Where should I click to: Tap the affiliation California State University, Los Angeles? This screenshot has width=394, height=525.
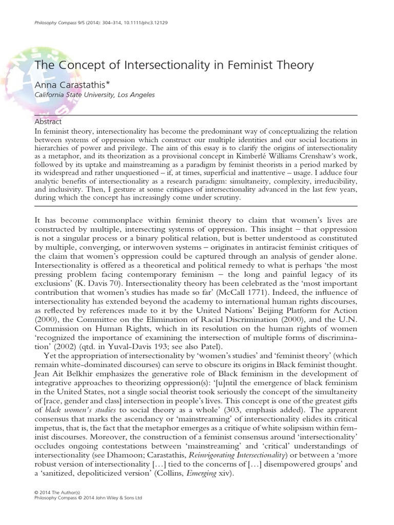tap(94, 95)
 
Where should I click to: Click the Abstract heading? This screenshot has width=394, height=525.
tap(48, 122)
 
